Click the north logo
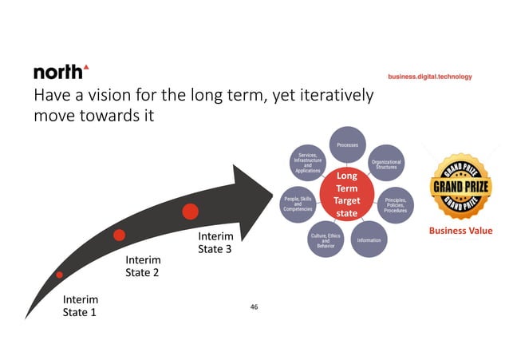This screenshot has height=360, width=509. tap(61, 72)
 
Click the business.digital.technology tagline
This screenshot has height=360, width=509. tap(430, 77)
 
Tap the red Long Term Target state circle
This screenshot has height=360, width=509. tap(346, 192)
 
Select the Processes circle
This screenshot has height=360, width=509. tap(347, 145)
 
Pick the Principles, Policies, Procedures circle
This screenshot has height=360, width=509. tap(397, 204)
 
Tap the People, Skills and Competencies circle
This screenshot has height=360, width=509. tap(298, 204)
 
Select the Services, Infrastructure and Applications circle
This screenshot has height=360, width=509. tap(308, 163)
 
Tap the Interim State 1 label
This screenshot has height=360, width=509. tap(80, 306)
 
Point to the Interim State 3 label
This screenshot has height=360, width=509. tap(215, 243)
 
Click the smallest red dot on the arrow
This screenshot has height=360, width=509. tap(60, 275)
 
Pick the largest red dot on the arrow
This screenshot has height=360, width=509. tap(190, 212)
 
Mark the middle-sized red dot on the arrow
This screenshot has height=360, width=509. tap(119, 235)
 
